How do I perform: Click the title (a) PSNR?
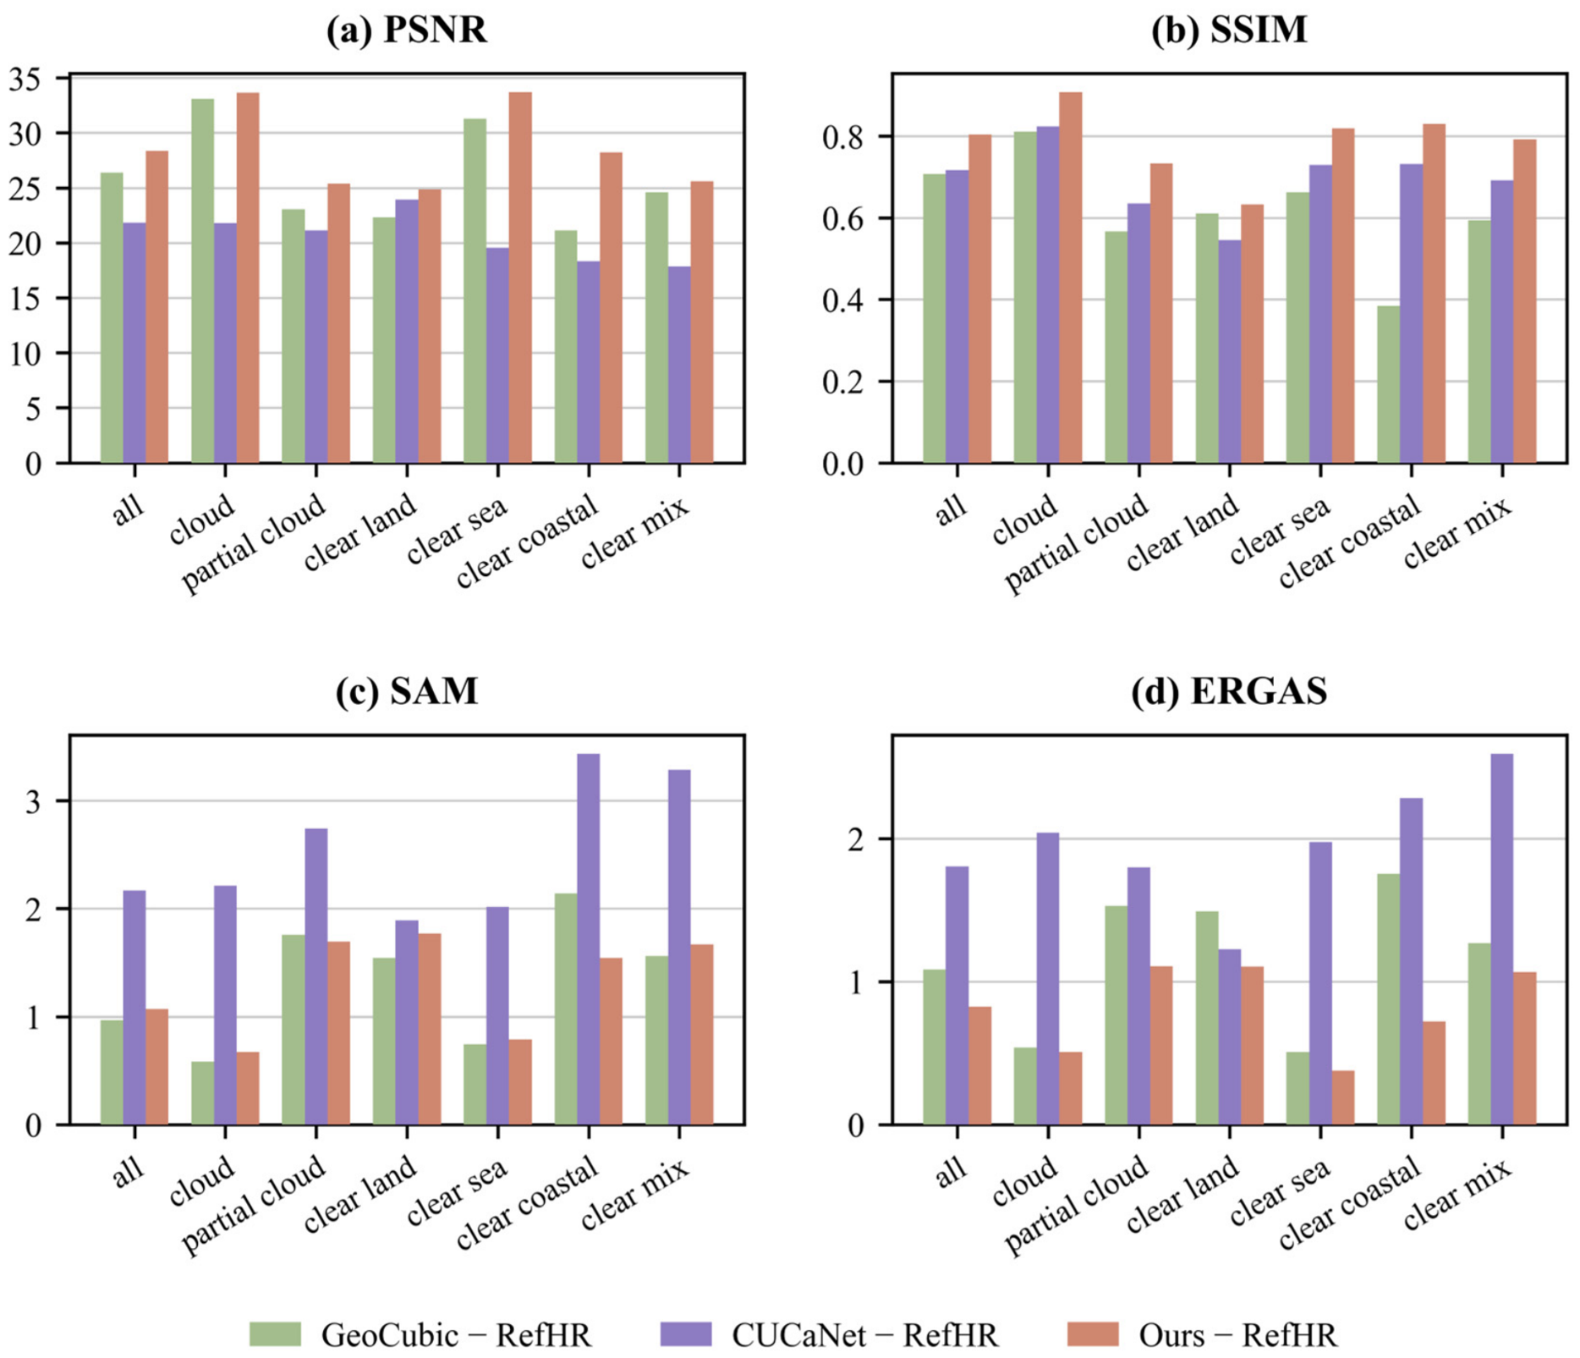tap(407, 30)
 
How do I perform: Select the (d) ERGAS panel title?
tap(1229, 691)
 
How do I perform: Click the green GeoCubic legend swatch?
tap(275, 1334)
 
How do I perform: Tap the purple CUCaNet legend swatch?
tap(686, 1334)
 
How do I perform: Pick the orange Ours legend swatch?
tap(1093, 1334)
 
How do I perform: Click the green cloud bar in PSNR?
tap(203, 281)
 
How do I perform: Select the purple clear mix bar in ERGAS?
tap(1502, 939)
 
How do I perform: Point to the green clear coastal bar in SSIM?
tap(1389, 384)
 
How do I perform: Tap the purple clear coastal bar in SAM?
tap(589, 939)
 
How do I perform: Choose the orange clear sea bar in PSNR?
tap(520, 278)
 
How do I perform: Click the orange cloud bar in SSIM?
tap(1071, 278)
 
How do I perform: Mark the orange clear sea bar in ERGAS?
tap(1343, 1097)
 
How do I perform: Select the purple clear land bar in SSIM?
tap(1230, 351)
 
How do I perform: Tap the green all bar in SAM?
tap(112, 1072)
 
